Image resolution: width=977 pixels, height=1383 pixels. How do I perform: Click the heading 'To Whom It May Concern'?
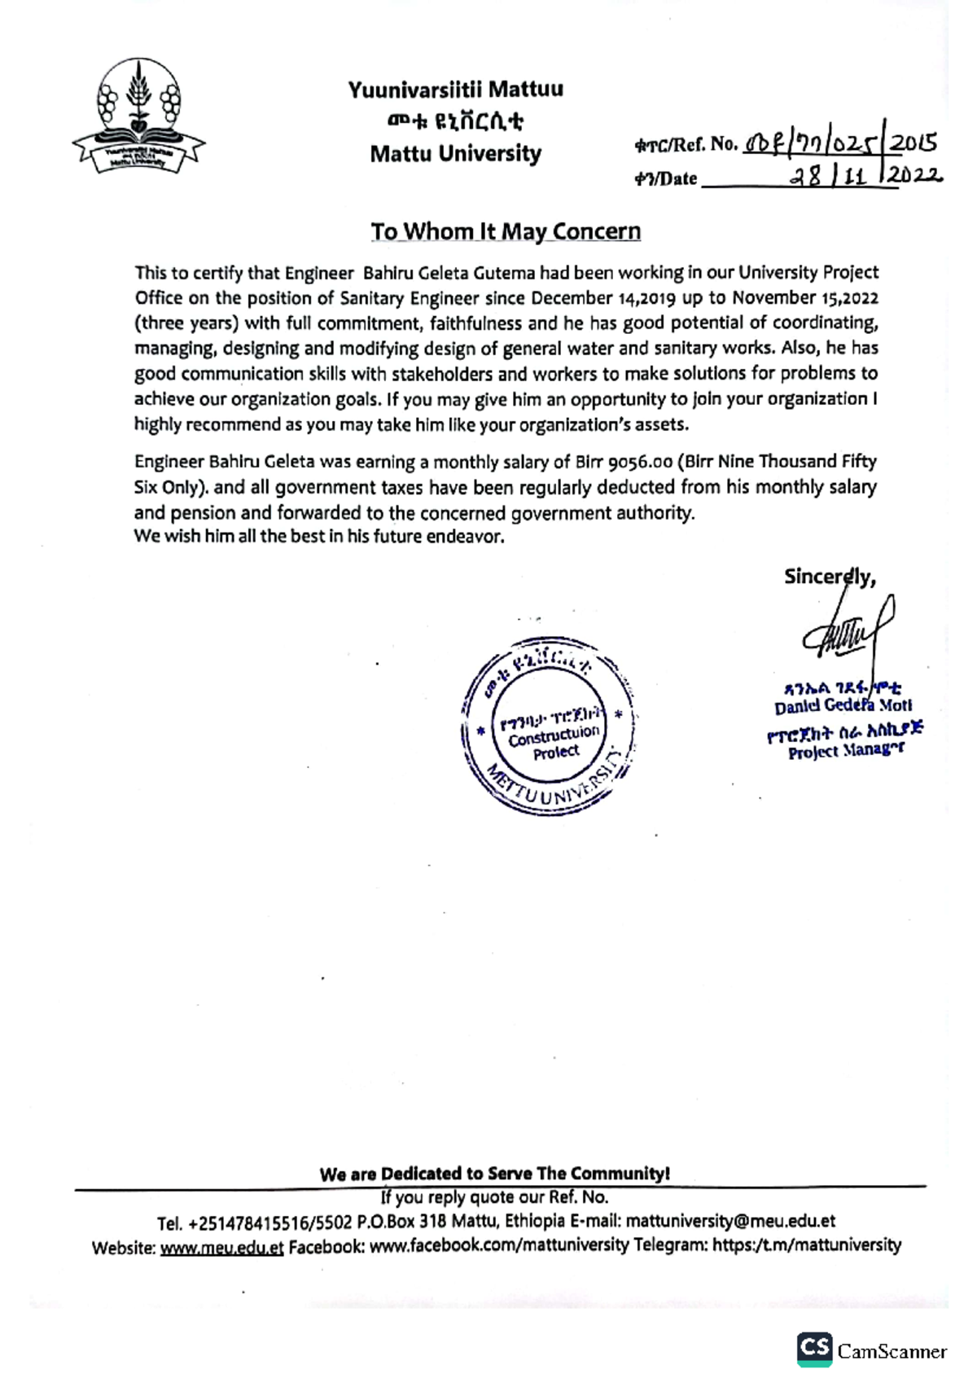pyautogui.click(x=506, y=231)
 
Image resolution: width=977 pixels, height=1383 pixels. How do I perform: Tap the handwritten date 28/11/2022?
pyautogui.click(x=863, y=176)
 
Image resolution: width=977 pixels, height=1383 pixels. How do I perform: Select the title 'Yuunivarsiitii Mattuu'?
pyautogui.click(x=455, y=90)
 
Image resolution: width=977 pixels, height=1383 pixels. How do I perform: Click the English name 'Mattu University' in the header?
pyautogui.click(x=455, y=153)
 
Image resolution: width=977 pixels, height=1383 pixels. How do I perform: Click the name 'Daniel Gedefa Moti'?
pyautogui.click(x=843, y=705)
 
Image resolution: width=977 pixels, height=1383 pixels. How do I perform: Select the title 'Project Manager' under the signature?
pyautogui.click(x=845, y=751)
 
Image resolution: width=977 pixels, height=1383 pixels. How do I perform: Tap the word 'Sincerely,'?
pyautogui.click(x=829, y=577)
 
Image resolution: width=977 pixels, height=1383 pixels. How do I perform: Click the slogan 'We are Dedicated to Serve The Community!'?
pyautogui.click(x=494, y=1174)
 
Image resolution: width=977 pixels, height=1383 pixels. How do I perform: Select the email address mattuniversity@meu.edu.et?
pyautogui.click(x=730, y=1222)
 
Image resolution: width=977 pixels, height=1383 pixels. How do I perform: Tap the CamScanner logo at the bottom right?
pyautogui.click(x=871, y=1351)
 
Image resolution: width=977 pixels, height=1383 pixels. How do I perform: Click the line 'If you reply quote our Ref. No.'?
pyautogui.click(x=494, y=1197)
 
